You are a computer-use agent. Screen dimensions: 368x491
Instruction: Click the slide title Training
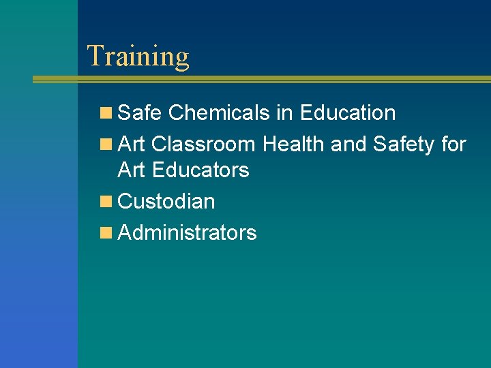(x=138, y=57)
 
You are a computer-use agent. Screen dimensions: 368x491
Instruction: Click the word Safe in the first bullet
(x=140, y=113)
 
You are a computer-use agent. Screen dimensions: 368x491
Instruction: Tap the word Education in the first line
(x=347, y=113)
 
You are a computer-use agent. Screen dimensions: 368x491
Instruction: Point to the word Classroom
(x=203, y=144)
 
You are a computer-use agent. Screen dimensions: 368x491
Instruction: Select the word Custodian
(x=166, y=202)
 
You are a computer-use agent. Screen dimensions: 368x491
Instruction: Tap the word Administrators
(x=188, y=233)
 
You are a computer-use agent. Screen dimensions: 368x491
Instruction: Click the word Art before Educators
(x=131, y=170)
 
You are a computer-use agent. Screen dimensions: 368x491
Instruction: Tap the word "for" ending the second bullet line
(x=453, y=144)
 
